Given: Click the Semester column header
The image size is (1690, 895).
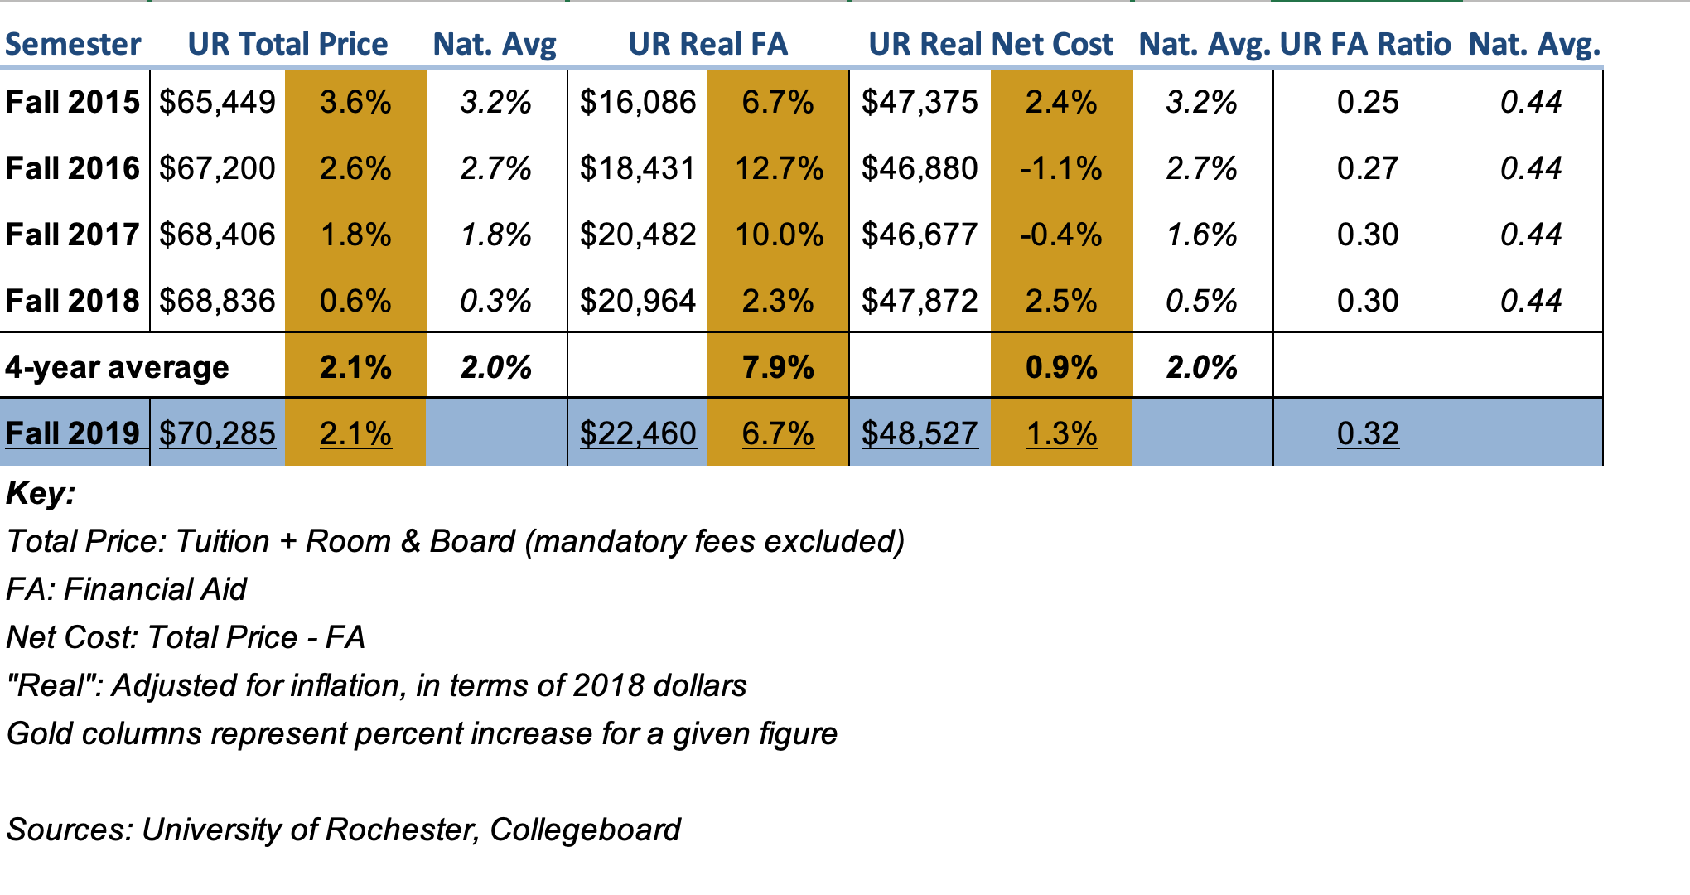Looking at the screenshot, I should pyautogui.click(x=73, y=44).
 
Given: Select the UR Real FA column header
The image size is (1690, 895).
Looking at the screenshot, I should pyautogui.click(x=708, y=44).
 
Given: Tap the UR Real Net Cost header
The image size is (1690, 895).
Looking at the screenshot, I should pyautogui.click(x=991, y=44).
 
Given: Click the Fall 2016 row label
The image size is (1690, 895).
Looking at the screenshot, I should pyautogui.click(x=73, y=168).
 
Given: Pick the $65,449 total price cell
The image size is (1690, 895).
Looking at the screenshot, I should pyautogui.click(x=217, y=102).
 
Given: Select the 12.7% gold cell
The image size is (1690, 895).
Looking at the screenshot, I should pyautogui.click(x=779, y=168).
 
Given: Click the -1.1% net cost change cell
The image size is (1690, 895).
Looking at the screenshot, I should pyautogui.click(x=1061, y=168).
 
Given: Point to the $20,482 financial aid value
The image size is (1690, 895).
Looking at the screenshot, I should pyautogui.click(x=638, y=235).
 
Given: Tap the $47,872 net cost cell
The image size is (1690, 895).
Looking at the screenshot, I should pyautogui.click(x=920, y=301).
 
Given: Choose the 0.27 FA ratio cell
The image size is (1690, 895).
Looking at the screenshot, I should pyautogui.click(x=1368, y=168).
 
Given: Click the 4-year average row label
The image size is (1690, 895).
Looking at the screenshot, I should pyautogui.click(x=117, y=367).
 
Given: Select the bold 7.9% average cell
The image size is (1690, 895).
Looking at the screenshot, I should pyautogui.click(x=779, y=367).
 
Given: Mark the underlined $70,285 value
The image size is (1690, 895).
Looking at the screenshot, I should pyautogui.click(x=217, y=433).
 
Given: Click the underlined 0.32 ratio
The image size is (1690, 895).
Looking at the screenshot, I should pyautogui.click(x=1368, y=433).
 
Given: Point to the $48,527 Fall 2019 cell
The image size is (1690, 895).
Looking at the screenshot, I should pyautogui.click(x=920, y=433).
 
